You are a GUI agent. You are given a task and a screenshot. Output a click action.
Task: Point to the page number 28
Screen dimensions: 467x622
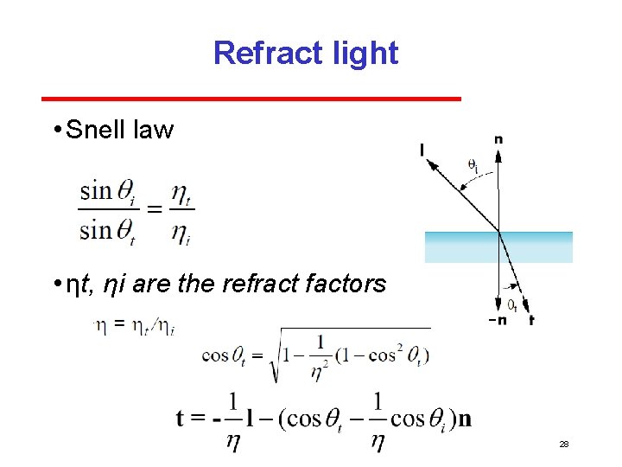[x=564, y=444]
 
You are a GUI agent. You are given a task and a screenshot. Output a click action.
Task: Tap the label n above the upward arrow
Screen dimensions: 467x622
[x=498, y=138]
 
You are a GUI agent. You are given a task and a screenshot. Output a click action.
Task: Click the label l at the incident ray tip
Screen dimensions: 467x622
[x=422, y=150]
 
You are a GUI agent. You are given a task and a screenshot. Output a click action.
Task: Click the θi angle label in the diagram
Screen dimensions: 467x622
[x=473, y=163]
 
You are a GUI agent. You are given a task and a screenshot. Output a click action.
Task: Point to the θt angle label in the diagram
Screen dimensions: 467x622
[x=511, y=304]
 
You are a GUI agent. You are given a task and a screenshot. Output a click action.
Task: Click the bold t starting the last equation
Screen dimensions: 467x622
[x=182, y=419]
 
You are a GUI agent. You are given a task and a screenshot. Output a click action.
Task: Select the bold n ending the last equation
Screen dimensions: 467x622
[x=464, y=419]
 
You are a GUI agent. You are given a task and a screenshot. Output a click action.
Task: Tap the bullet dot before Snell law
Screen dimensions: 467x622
[x=55, y=131]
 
